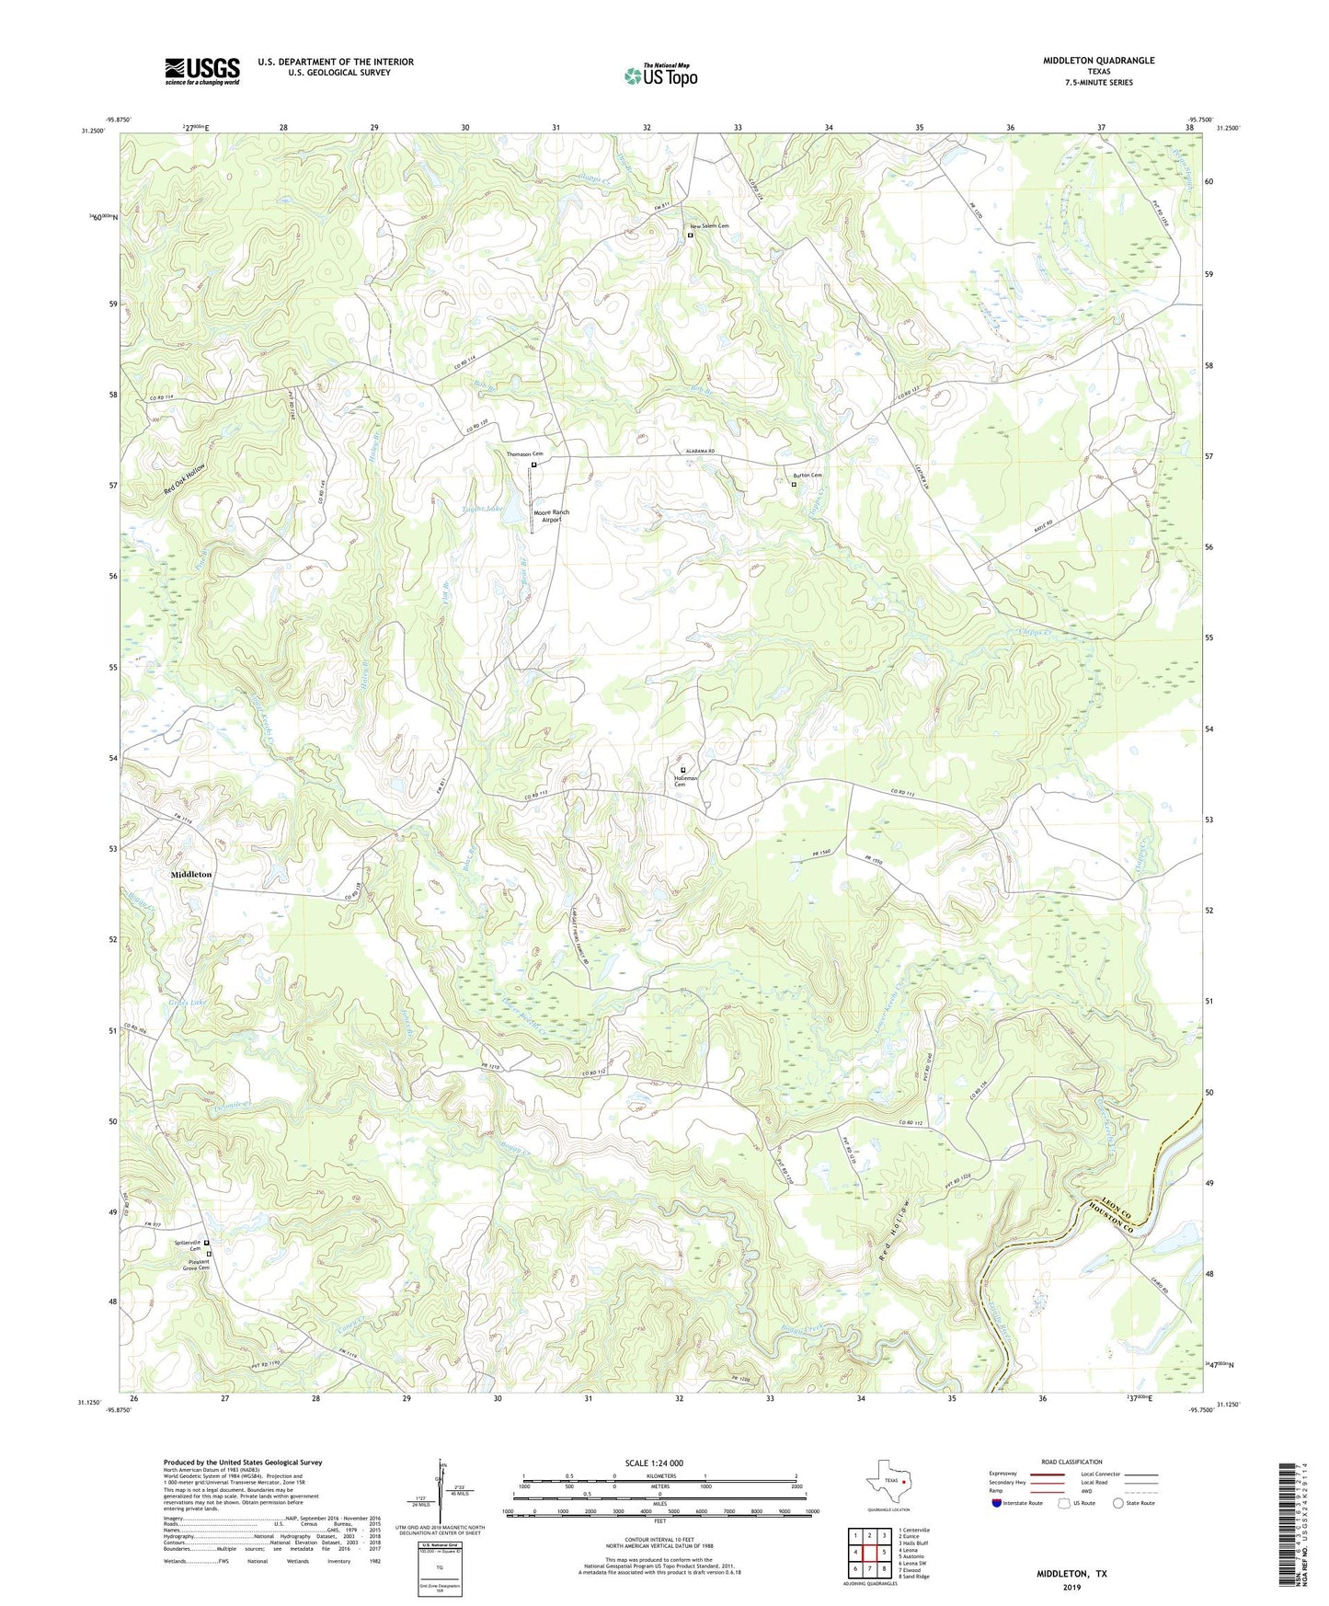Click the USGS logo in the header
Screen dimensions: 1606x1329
[202, 71]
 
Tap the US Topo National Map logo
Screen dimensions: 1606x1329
[660, 75]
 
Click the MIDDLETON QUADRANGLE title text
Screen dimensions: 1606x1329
[1098, 61]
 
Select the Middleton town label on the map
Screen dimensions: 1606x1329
[191, 875]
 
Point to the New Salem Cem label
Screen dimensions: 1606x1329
[711, 226]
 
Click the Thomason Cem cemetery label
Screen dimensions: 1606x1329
[525, 454]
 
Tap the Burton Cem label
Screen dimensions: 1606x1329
[807, 476]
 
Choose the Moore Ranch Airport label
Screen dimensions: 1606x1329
[552, 516]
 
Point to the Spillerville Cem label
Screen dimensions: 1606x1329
[188, 1245]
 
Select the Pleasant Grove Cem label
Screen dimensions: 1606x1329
[192, 1264]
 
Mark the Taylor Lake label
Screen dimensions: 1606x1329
[482, 509]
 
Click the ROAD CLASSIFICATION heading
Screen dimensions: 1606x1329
[1071, 1462]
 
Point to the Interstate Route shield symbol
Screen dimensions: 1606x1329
[997, 1503]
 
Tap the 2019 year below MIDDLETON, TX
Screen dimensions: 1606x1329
[1071, 1587]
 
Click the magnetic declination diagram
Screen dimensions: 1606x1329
[443, 1495]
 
